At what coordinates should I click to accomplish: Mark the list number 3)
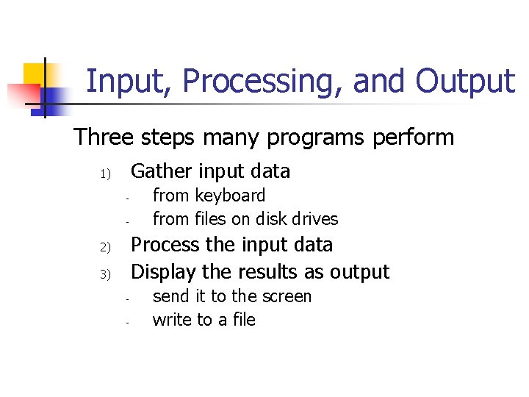(x=104, y=274)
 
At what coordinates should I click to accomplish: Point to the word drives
(x=316, y=219)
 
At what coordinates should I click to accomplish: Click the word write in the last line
(x=171, y=320)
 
